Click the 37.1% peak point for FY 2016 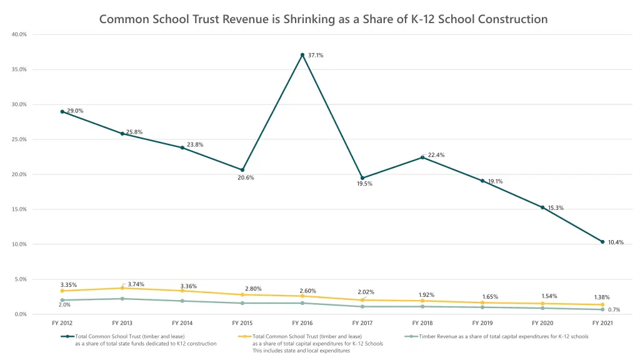click(302, 55)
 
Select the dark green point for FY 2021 click(602, 242)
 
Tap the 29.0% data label click(75, 111)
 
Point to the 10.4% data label click(616, 242)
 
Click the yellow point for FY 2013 click(122, 288)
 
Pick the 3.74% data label click(136, 284)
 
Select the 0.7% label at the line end click(614, 310)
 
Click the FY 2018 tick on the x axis click(422, 323)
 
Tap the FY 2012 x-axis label click(62, 323)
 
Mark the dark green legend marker click(67, 336)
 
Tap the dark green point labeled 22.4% click(422, 157)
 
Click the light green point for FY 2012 click(62, 300)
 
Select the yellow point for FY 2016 click(302, 296)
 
